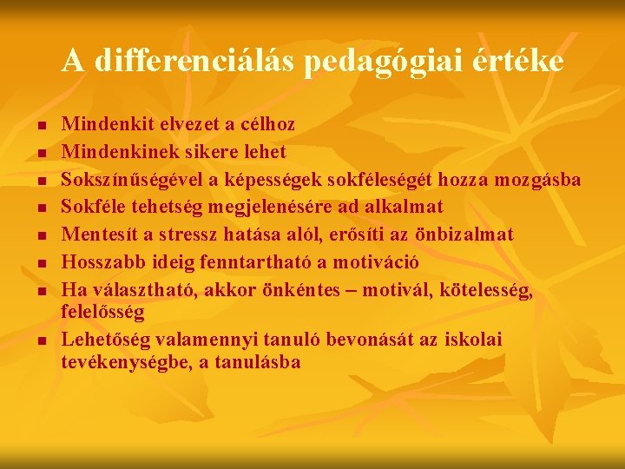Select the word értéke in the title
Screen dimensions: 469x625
pos(520,62)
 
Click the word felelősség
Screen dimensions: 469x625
pos(102,310)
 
